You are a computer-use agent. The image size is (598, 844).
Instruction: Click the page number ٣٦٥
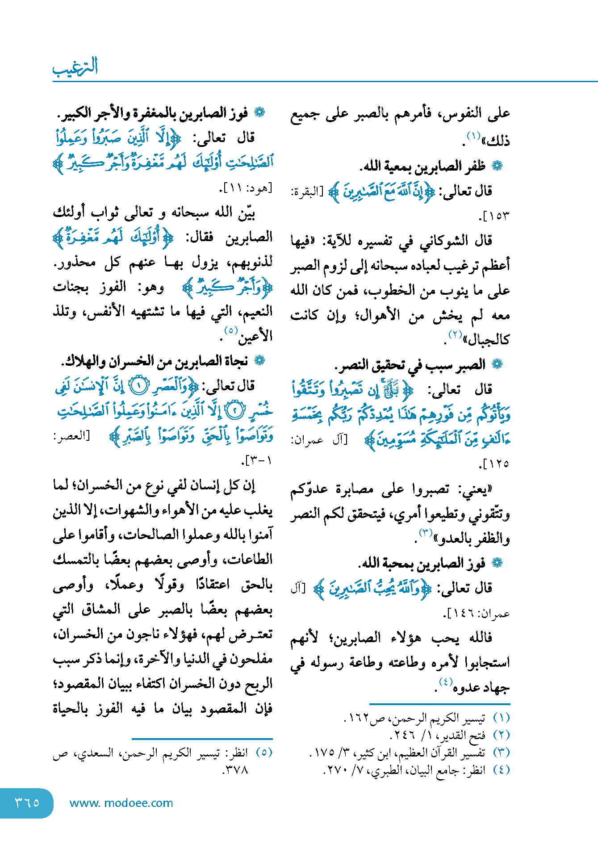tap(27, 802)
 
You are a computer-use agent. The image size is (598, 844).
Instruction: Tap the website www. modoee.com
tap(121, 803)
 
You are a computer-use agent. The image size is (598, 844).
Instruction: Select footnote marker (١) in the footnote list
tap(501, 718)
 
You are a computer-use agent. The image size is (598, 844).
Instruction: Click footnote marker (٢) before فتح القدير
tap(501, 735)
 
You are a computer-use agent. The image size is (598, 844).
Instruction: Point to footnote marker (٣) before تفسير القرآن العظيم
tap(501, 752)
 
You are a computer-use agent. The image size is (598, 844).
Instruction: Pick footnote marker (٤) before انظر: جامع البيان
tap(501, 770)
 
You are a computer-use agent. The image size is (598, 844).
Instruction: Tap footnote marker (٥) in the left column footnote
tap(264, 752)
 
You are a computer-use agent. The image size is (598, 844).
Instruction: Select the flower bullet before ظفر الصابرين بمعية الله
tap(497, 166)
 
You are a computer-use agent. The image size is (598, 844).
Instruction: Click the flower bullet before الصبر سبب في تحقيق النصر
tap(497, 364)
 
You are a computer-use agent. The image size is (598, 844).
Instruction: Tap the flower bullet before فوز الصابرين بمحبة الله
tap(497, 563)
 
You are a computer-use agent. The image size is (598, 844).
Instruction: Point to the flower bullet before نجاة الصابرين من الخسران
tap(259, 360)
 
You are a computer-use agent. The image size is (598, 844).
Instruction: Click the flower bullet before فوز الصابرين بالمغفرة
tap(259, 113)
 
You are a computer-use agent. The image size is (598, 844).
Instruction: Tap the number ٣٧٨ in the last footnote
tap(236, 770)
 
